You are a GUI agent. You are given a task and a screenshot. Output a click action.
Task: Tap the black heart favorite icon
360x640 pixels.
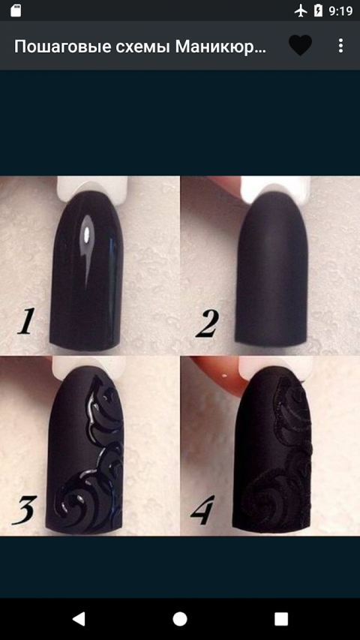pyautogui.click(x=301, y=45)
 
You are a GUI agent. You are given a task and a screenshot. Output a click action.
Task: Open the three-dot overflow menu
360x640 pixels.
pyautogui.click(x=340, y=46)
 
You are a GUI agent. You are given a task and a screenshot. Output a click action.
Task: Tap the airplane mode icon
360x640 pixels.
pyautogui.click(x=301, y=11)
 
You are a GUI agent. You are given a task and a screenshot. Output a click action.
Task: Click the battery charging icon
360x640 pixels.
pyautogui.click(x=318, y=11)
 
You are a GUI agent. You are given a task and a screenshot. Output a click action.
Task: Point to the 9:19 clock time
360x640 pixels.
pyautogui.click(x=340, y=11)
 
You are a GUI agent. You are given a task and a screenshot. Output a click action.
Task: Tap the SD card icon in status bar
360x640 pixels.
pyautogui.click(x=16, y=11)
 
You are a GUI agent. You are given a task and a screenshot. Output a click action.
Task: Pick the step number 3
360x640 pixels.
pyautogui.click(x=25, y=510)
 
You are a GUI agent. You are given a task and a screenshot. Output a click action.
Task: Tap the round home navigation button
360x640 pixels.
pyautogui.click(x=180, y=619)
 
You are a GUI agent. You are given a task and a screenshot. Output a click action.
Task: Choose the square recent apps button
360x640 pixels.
pyautogui.click(x=281, y=619)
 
